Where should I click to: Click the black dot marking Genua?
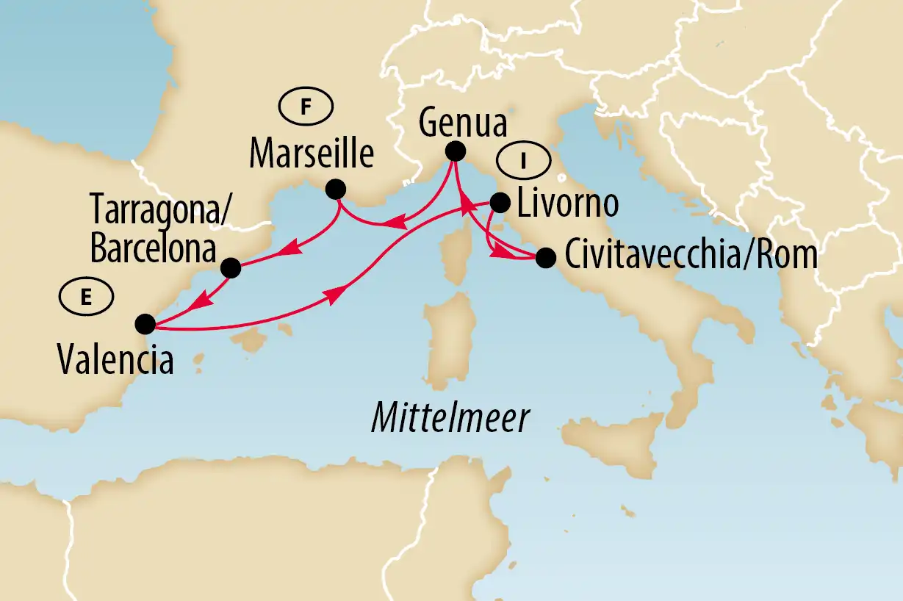(456, 151)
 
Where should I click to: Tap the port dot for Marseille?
(336, 189)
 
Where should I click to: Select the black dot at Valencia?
(145, 323)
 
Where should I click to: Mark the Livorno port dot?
(500, 202)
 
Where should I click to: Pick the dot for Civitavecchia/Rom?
(545, 258)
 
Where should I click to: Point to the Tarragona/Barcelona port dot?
(231, 268)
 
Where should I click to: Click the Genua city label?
(462, 124)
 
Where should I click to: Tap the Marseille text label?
(312, 155)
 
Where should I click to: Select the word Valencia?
(115, 361)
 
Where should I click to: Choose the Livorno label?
(566, 205)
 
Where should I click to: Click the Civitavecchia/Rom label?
(689, 256)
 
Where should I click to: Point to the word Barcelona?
(154, 250)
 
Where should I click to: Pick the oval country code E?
(87, 298)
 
